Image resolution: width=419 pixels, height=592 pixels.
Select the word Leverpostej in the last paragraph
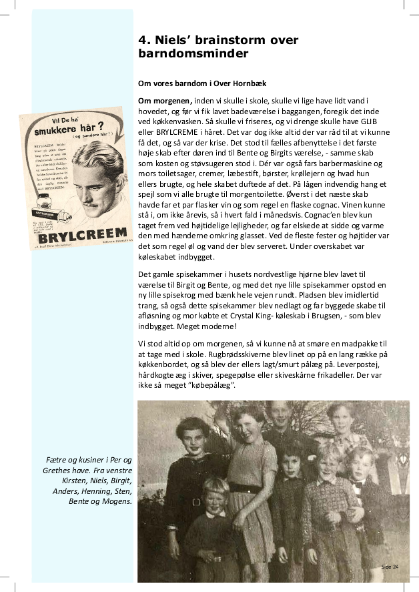(376, 366)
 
